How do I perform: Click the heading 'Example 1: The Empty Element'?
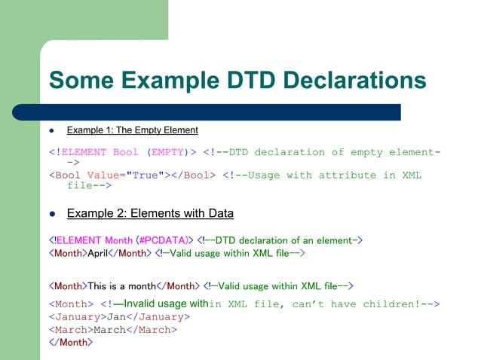(133, 130)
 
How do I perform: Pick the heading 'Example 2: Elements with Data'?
(150, 214)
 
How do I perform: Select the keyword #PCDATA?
(164, 240)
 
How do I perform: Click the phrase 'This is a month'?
(121, 286)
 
